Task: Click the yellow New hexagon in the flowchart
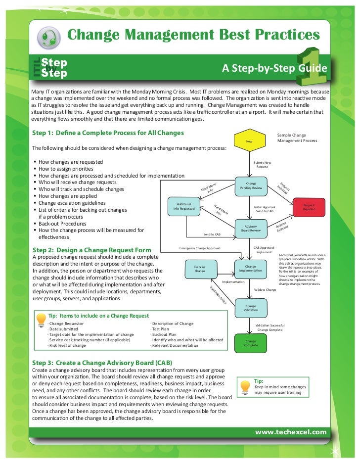click(x=249, y=141)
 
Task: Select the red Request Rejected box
click(x=309, y=207)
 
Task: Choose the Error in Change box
click(x=200, y=269)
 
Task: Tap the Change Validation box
click(x=251, y=308)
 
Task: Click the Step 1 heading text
click(x=108, y=133)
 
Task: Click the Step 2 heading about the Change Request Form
click(x=91, y=250)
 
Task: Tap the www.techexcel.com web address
click(x=291, y=432)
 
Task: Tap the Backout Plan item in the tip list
click(x=164, y=334)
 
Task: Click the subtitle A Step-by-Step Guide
click(x=274, y=68)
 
